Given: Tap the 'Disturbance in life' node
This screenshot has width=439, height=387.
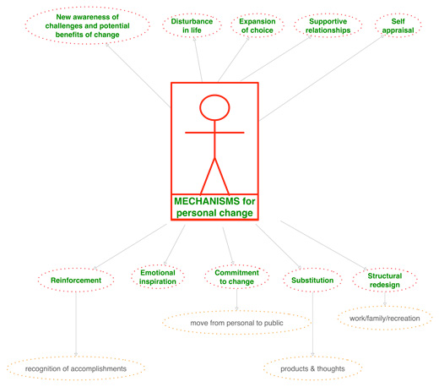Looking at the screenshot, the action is point(192,25).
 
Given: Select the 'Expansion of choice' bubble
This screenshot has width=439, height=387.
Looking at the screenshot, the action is point(257,25).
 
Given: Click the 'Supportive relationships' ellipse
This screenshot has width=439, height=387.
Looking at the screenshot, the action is point(328,25).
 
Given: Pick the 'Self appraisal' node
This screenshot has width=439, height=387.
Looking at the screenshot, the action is point(398,25).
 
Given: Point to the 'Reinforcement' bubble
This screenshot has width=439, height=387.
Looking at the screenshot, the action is point(76,281).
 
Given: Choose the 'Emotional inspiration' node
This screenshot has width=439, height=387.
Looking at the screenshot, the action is point(158,277).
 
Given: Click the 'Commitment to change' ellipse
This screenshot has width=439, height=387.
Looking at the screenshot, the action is point(236,277).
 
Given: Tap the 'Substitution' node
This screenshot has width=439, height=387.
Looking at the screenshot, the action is point(312,281).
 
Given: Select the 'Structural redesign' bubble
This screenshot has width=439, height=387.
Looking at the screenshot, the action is point(385,281).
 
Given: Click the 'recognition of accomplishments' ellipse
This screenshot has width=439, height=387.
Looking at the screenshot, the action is point(76,368).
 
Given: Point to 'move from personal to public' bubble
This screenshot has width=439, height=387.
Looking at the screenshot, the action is point(236,323).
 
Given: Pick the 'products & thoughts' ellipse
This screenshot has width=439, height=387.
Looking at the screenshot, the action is point(312,368).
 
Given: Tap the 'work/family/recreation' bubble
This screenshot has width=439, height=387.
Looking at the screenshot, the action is point(385,319).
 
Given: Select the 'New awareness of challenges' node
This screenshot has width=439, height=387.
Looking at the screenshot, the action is point(88,25).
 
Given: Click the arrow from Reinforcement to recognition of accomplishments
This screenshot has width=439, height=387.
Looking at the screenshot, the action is point(76,324).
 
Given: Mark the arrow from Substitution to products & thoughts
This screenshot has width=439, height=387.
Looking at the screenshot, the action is point(312,324).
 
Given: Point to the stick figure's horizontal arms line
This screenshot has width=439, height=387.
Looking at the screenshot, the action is point(214,133).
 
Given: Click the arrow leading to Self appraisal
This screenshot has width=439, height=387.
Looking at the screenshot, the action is point(322,78).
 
